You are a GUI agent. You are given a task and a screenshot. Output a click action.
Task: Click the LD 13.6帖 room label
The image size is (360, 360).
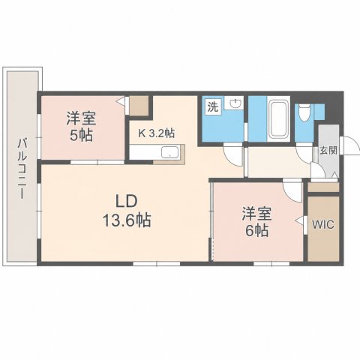pyautogui.click(x=127, y=211)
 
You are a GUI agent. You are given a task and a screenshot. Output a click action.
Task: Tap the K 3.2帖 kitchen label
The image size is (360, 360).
pyautogui.click(x=157, y=133)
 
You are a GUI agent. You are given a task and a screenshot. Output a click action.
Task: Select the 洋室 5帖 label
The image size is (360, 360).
pyautogui.click(x=81, y=127)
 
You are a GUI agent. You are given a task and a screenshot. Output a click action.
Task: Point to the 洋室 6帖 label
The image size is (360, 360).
pyautogui.click(x=256, y=222)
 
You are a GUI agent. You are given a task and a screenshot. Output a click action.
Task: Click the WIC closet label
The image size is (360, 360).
pyautogui.click(x=323, y=224)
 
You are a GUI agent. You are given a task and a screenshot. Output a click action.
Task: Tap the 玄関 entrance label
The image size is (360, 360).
pyautogui.click(x=328, y=151)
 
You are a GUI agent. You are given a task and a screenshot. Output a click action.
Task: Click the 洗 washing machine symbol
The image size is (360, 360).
pyautogui.click(x=213, y=107)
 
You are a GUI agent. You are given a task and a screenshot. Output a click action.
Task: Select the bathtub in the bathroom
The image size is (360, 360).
pyautogui.click(x=278, y=119)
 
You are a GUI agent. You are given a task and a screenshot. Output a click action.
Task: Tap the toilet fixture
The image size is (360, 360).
pyautogui.click(x=304, y=112)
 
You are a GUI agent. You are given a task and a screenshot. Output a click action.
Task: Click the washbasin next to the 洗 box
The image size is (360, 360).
pyautogui.click(x=234, y=103)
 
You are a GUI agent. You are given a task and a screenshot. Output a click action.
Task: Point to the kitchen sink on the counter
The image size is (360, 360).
pyautogui.click(x=170, y=152)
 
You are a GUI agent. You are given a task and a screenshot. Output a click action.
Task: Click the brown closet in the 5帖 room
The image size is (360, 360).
pyautogui.click(x=139, y=106)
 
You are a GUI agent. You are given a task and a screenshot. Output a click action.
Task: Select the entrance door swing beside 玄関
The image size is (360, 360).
pyautogui.click(x=351, y=146)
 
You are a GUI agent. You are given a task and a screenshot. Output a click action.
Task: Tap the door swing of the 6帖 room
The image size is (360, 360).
pyautogui.click(x=293, y=192)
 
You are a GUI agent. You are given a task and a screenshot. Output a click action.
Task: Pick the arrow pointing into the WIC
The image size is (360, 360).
pyautogui.click(x=300, y=220)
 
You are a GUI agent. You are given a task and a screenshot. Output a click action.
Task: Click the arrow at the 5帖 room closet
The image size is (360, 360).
pyautogui.click(x=121, y=101)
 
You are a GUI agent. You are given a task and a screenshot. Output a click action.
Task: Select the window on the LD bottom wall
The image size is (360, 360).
pyautogui.click(x=157, y=264)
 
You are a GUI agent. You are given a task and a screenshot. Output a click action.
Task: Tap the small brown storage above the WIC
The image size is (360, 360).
pyautogui.click(x=323, y=187)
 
